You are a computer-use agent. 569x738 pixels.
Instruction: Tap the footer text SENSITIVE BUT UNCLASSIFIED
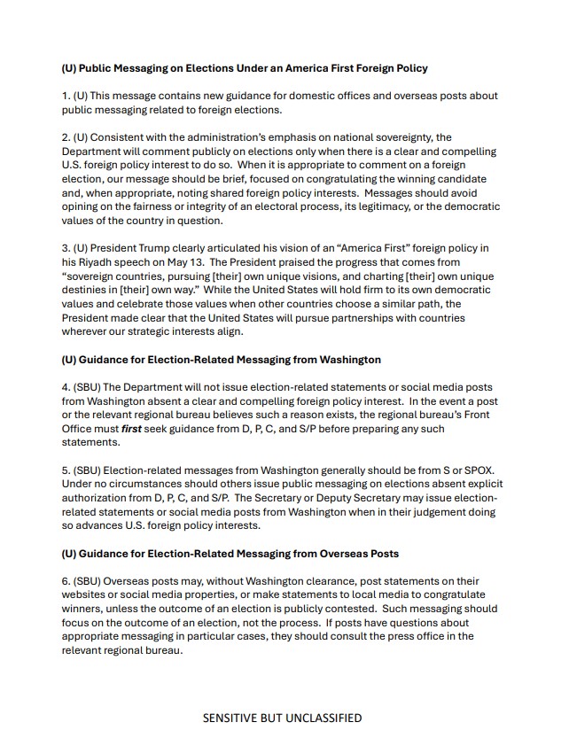point(282,718)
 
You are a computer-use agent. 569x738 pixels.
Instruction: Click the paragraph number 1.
point(65,96)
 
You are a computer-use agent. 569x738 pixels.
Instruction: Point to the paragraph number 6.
point(66,581)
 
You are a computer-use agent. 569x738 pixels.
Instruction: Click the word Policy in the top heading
point(408,68)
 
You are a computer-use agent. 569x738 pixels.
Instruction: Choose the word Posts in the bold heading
point(380,554)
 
